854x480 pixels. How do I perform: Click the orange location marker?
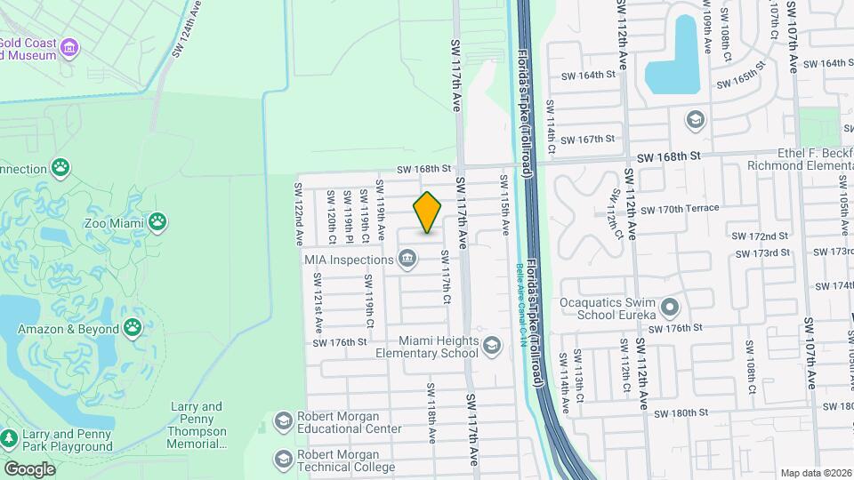(428, 212)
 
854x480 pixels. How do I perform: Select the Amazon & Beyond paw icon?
(133, 329)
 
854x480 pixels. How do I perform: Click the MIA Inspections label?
(348, 260)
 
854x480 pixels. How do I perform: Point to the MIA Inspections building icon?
(407, 260)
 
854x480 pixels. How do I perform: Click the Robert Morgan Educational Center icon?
(283, 421)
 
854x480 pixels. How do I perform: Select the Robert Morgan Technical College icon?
(283, 460)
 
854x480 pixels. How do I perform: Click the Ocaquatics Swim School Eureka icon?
(670, 308)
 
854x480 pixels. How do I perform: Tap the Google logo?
(28, 468)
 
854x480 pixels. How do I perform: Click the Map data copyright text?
(816, 473)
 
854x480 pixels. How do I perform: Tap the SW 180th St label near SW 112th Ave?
(681, 412)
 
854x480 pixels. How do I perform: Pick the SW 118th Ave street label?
(431, 413)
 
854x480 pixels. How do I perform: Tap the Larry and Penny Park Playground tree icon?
(10, 438)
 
